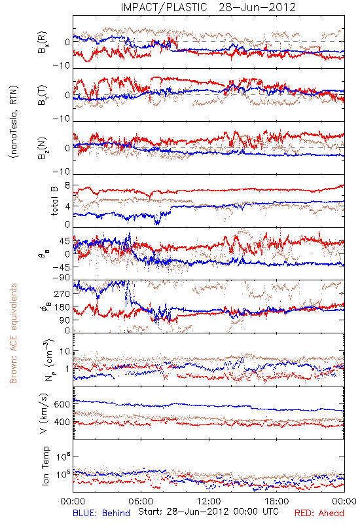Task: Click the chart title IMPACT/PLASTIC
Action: coord(164,7)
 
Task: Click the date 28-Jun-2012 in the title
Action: coord(257,7)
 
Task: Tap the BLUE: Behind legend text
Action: coord(101,513)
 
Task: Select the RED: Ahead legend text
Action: coord(319,513)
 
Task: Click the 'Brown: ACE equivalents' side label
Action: coord(13,333)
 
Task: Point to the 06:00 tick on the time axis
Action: coord(141,501)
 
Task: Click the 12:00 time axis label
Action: coord(209,501)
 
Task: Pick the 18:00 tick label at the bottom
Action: coord(277,501)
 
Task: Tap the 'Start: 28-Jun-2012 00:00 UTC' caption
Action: coord(209,512)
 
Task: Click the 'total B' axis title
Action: coord(54,201)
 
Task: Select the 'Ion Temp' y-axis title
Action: coord(45,466)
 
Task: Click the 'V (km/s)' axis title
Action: coord(45,413)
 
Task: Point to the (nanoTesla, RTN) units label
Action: coord(14,122)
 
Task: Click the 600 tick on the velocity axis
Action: coord(62,404)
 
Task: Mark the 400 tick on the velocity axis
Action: coord(62,422)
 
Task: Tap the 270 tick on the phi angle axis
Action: coord(62,294)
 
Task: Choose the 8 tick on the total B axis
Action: coord(67,186)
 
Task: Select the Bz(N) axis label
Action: coord(43,148)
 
